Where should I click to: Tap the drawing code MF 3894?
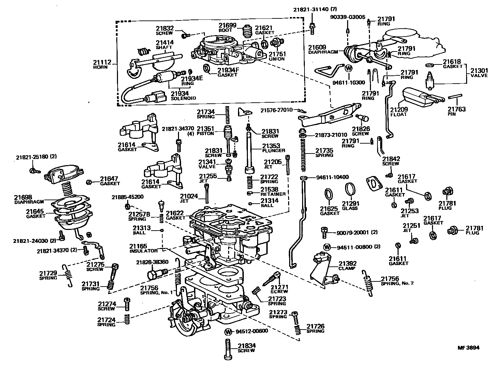468,348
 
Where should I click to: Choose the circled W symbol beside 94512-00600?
228,331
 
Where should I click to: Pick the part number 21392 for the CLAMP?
347,263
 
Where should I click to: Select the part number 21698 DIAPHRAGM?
23,197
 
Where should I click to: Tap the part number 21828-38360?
152,262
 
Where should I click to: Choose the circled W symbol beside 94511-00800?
327,247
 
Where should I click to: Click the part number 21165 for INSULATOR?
138,246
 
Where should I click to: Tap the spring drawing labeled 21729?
68,275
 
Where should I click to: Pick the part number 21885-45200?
128,197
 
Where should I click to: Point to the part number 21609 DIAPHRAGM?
317,47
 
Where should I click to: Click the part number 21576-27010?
277,110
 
